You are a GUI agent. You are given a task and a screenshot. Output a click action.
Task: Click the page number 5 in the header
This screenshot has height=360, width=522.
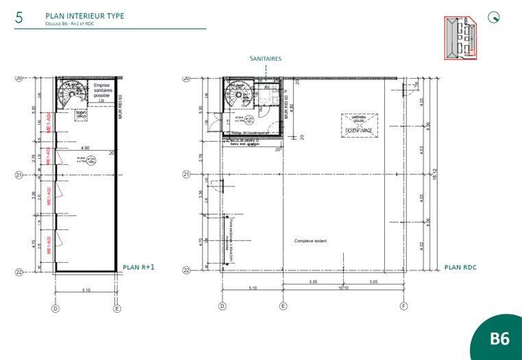pyautogui.click(x=19, y=18)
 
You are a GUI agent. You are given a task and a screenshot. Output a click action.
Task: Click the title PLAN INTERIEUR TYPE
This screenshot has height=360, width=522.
pyautogui.click(x=85, y=15)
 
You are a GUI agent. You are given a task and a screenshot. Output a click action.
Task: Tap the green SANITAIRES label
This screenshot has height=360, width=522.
pyautogui.click(x=265, y=59)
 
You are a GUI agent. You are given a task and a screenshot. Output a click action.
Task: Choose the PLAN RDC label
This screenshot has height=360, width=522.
pyautogui.click(x=460, y=267)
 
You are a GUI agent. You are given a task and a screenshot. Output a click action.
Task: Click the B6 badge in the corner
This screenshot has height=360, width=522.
pyautogui.click(x=499, y=338)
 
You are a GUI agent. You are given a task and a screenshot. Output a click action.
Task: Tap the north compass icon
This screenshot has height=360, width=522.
pyautogui.click(x=493, y=18)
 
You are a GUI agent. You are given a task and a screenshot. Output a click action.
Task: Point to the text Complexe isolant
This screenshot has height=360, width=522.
pyautogui.click(x=310, y=241)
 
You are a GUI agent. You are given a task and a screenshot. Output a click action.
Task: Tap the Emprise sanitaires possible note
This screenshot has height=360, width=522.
pyautogui.click(x=106, y=90)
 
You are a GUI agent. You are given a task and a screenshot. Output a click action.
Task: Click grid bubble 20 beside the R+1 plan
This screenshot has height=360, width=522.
pyautogui.click(x=19, y=78)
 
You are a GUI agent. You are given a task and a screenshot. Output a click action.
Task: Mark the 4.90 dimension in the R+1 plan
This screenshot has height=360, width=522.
pyautogui.click(x=86, y=148)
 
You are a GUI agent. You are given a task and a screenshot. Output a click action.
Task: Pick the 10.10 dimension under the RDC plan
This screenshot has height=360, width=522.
pyautogui.click(x=343, y=288)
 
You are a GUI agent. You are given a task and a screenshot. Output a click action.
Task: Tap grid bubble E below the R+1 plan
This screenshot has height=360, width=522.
pyautogui.click(x=117, y=309)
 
